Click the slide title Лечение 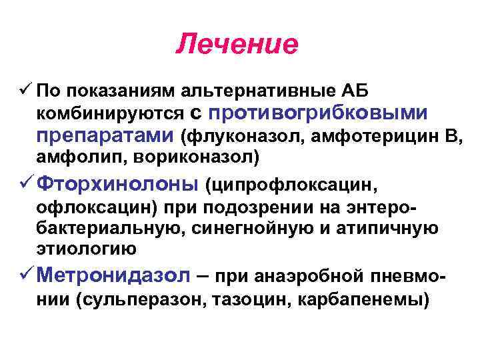[x=237, y=45]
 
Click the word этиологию [x=86, y=249]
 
